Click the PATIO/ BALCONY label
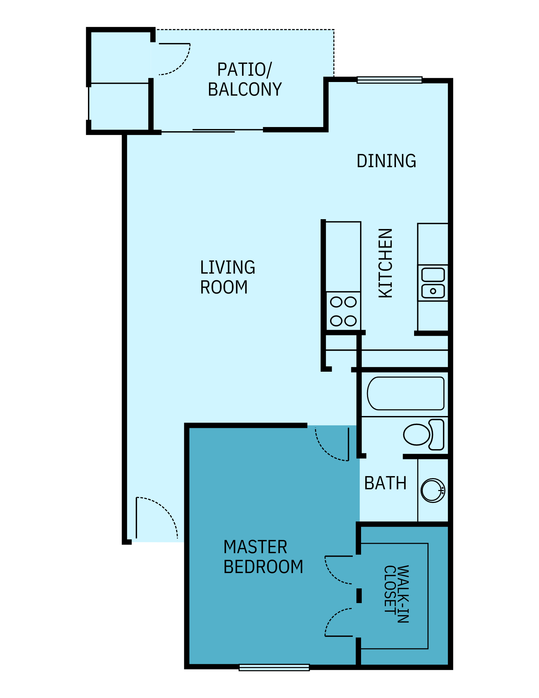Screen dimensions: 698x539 (x=245, y=80)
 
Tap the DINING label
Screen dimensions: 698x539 (x=386, y=161)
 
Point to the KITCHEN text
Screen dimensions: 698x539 (x=386, y=263)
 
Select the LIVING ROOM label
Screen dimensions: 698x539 (x=227, y=277)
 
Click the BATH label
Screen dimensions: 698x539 (x=385, y=483)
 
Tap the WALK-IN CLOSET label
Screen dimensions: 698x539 (x=396, y=594)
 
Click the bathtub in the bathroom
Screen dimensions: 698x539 (x=405, y=393)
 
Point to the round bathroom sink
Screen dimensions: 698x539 (x=433, y=490)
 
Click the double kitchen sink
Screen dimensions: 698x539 (x=433, y=283)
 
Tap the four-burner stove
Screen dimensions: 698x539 (x=343, y=311)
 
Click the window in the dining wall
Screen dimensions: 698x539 (x=389, y=80)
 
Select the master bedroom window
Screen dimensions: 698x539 (x=274, y=667)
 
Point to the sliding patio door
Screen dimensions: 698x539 (x=213, y=131)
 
